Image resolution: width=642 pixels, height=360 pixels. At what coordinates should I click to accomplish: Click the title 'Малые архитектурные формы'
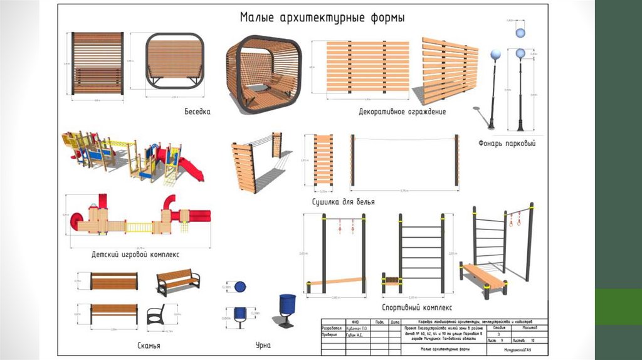pos(322,17)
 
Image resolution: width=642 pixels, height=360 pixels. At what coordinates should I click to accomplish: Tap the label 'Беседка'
pos(197,112)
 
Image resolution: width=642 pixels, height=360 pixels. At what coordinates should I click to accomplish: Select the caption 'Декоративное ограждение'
pos(402,112)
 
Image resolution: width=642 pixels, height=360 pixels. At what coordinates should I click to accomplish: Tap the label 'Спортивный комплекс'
pos(417,308)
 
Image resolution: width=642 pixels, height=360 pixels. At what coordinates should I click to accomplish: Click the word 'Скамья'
pos(149,346)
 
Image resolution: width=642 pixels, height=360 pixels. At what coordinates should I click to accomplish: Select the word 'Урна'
pos(263,346)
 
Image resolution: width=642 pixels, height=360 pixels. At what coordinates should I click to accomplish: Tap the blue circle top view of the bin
pos(240,287)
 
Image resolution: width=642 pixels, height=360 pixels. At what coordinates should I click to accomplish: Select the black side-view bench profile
pos(155,314)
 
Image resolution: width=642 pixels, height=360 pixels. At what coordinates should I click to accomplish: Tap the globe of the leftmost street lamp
pos(495,55)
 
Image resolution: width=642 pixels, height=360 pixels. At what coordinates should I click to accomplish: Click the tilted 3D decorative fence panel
pos(448,70)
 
